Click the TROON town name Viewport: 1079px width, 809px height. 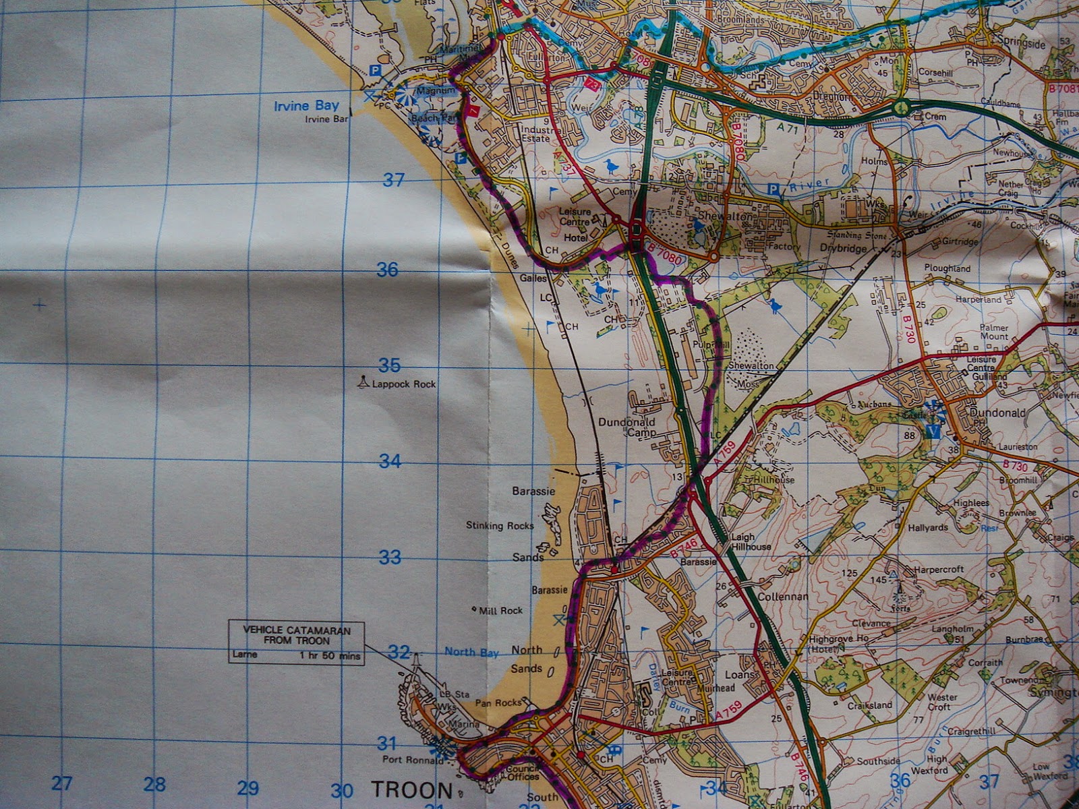pos(411,790)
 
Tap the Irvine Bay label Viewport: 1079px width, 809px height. pos(306,106)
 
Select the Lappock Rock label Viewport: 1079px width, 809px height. pos(403,384)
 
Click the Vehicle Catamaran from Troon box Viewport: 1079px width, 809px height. pos(297,642)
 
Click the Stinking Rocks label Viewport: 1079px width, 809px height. pos(500,525)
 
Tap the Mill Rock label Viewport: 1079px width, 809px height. pos(500,611)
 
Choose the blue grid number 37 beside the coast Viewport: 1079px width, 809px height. pos(393,179)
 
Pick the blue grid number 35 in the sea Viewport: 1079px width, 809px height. pos(389,365)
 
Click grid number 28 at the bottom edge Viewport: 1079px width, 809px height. pos(154,784)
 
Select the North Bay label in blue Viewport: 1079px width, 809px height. pos(471,652)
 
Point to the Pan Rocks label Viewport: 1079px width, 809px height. pos(498,702)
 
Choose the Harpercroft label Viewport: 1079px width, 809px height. pos(939,570)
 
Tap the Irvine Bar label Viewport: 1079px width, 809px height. pos(326,119)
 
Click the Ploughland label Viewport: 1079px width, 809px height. pos(947,268)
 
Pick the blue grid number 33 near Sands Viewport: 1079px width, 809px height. pos(390,558)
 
